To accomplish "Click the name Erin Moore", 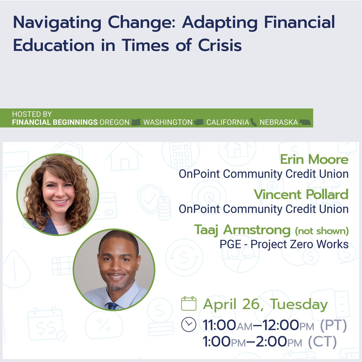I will [314, 160].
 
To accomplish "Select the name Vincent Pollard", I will [301, 195].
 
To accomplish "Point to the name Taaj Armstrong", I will [242, 230].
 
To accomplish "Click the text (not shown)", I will [322, 231].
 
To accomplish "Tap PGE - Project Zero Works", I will [284, 244].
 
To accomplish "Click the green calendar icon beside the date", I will [189, 303].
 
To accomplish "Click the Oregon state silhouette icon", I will [136, 122].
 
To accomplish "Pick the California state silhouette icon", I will [253, 122].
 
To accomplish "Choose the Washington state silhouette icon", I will [199, 122].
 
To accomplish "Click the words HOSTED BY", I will [32, 114].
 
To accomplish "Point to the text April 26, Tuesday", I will [265, 304].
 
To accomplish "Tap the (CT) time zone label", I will [322, 342].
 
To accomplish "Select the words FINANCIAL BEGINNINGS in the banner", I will [55, 122].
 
